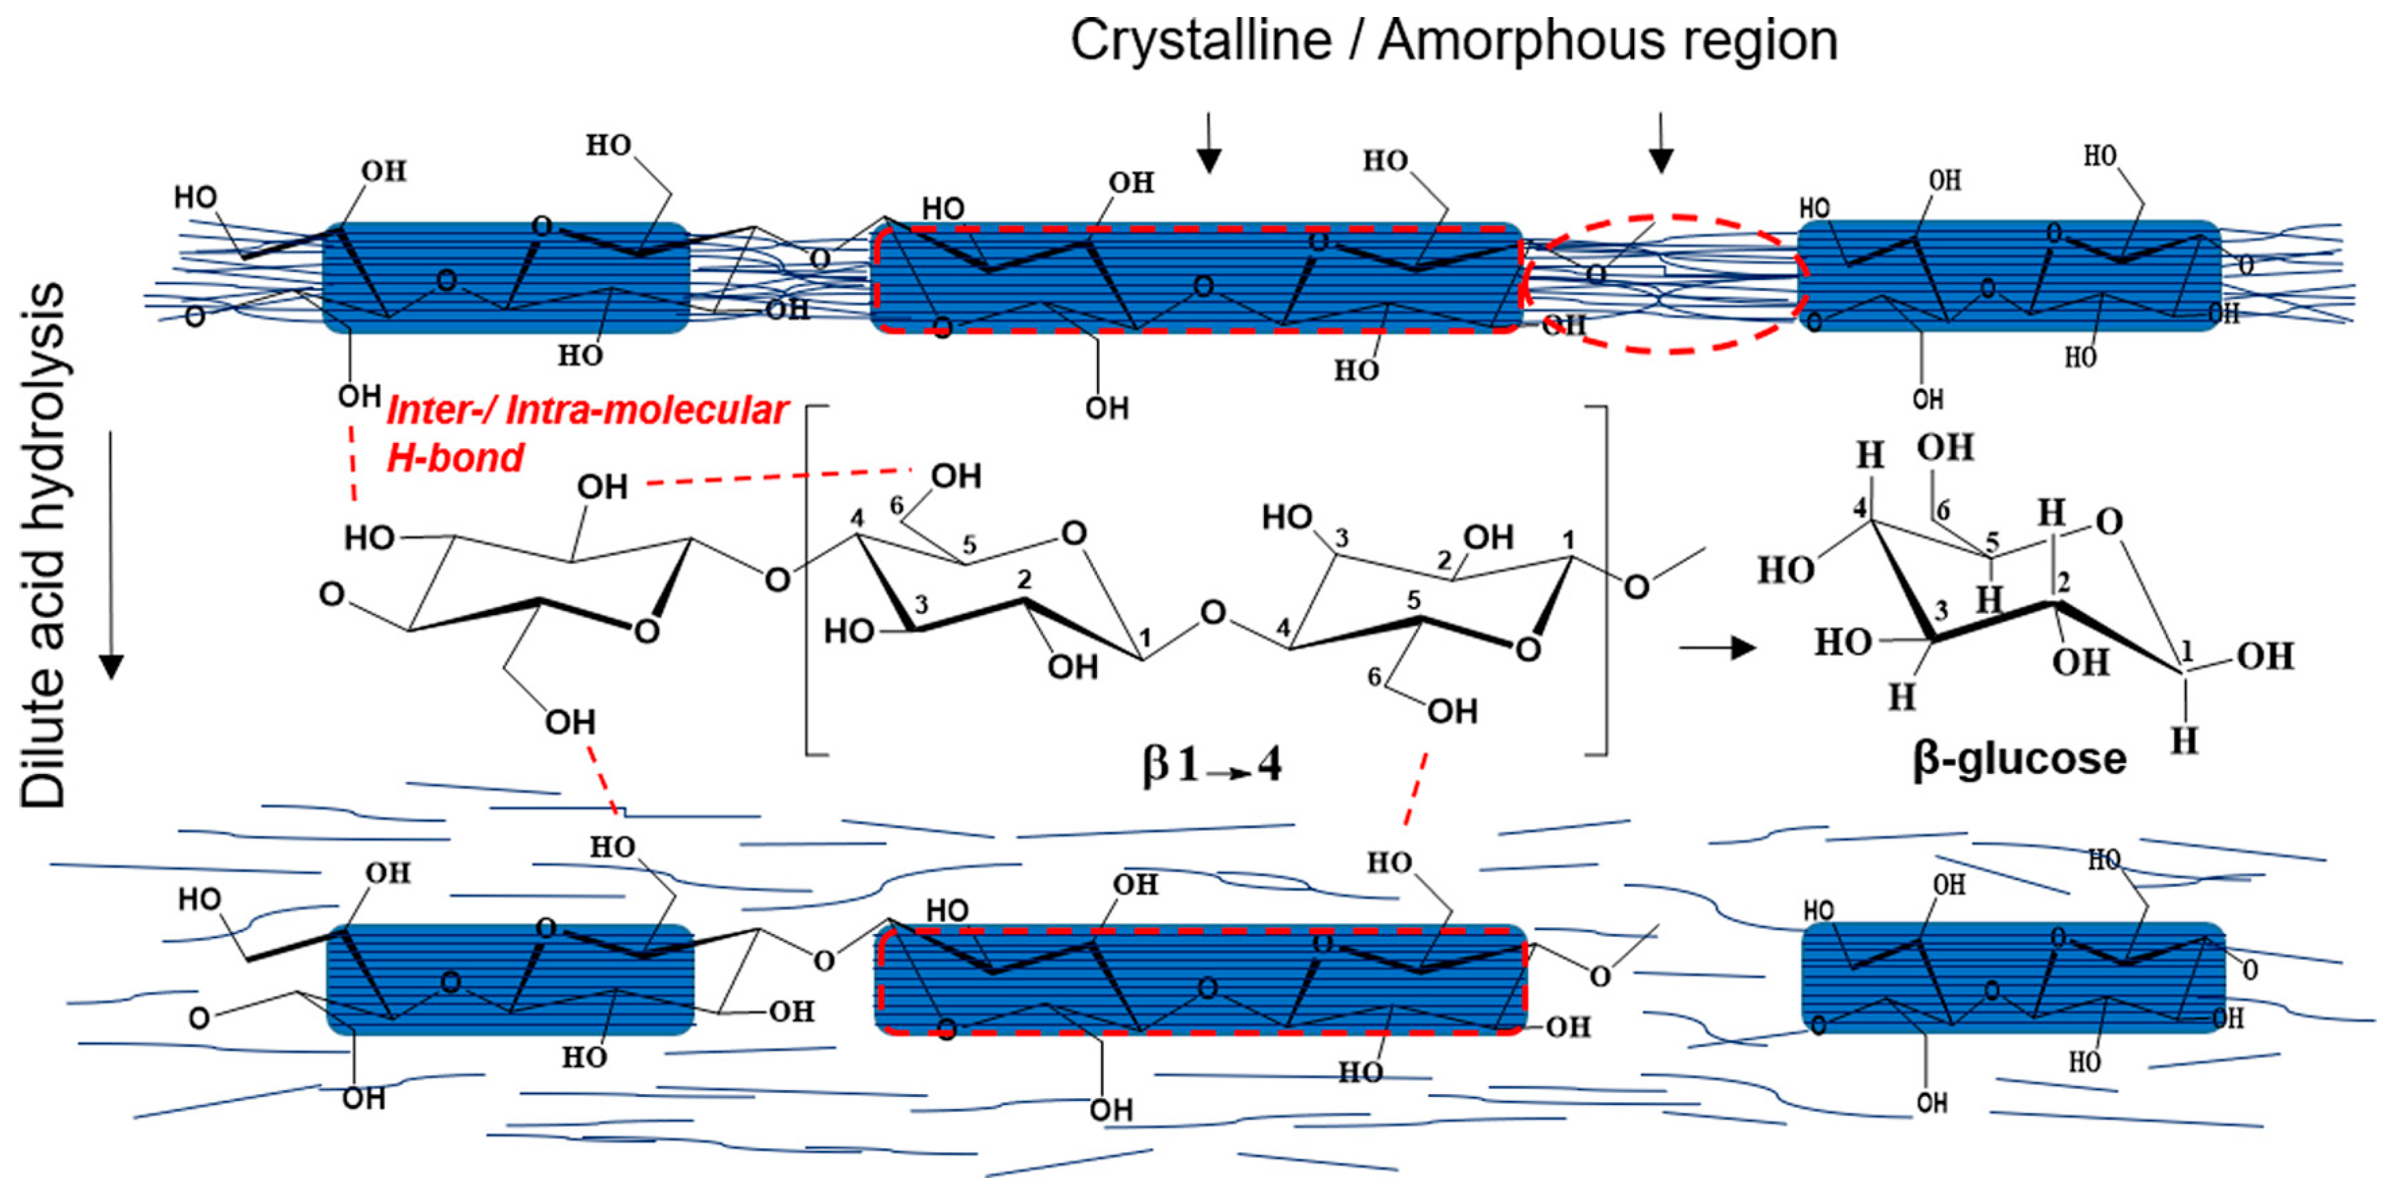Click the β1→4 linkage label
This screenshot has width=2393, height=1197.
pos(1212,766)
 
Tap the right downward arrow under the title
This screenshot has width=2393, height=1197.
pos(1661,144)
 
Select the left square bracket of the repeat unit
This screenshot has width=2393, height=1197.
pos(808,580)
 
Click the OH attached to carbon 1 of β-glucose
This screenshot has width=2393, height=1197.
pos(2265,657)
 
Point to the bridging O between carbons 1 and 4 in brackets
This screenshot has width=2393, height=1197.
pos(1212,613)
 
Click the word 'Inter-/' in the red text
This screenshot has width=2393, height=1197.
pos(441,410)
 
